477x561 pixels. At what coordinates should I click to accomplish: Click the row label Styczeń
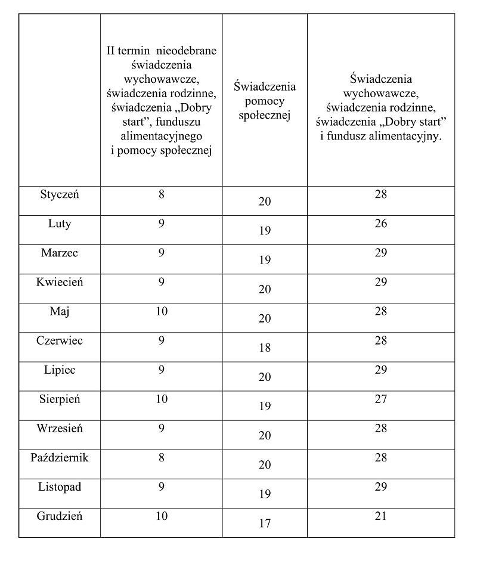point(60,194)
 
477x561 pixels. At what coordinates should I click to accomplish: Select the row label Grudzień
point(60,516)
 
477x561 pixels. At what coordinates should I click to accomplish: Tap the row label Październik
point(60,458)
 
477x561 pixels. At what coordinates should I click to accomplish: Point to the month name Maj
point(60,311)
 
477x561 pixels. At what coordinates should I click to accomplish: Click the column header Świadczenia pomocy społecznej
point(265,101)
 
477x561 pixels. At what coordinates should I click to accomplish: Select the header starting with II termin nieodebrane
point(162,101)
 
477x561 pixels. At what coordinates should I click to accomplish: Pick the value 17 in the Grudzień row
point(265,523)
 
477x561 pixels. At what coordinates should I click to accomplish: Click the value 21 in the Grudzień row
point(381,516)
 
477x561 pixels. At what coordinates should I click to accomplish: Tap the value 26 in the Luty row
point(381,224)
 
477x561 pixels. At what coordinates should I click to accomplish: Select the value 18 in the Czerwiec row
point(265,348)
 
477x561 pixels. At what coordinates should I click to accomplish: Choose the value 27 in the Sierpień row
point(381,399)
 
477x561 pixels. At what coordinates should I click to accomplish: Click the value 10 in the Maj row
point(162,311)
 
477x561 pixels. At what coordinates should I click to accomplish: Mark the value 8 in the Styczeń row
point(162,194)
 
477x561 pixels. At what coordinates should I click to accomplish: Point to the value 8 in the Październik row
point(162,458)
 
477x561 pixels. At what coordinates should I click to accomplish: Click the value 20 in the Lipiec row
point(265,377)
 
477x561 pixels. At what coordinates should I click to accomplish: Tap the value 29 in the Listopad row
point(381,487)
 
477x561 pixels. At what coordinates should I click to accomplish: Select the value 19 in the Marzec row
point(265,260)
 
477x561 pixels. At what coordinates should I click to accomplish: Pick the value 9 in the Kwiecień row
point(162,282)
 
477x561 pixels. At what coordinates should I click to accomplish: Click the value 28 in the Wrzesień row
point(381,429)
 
